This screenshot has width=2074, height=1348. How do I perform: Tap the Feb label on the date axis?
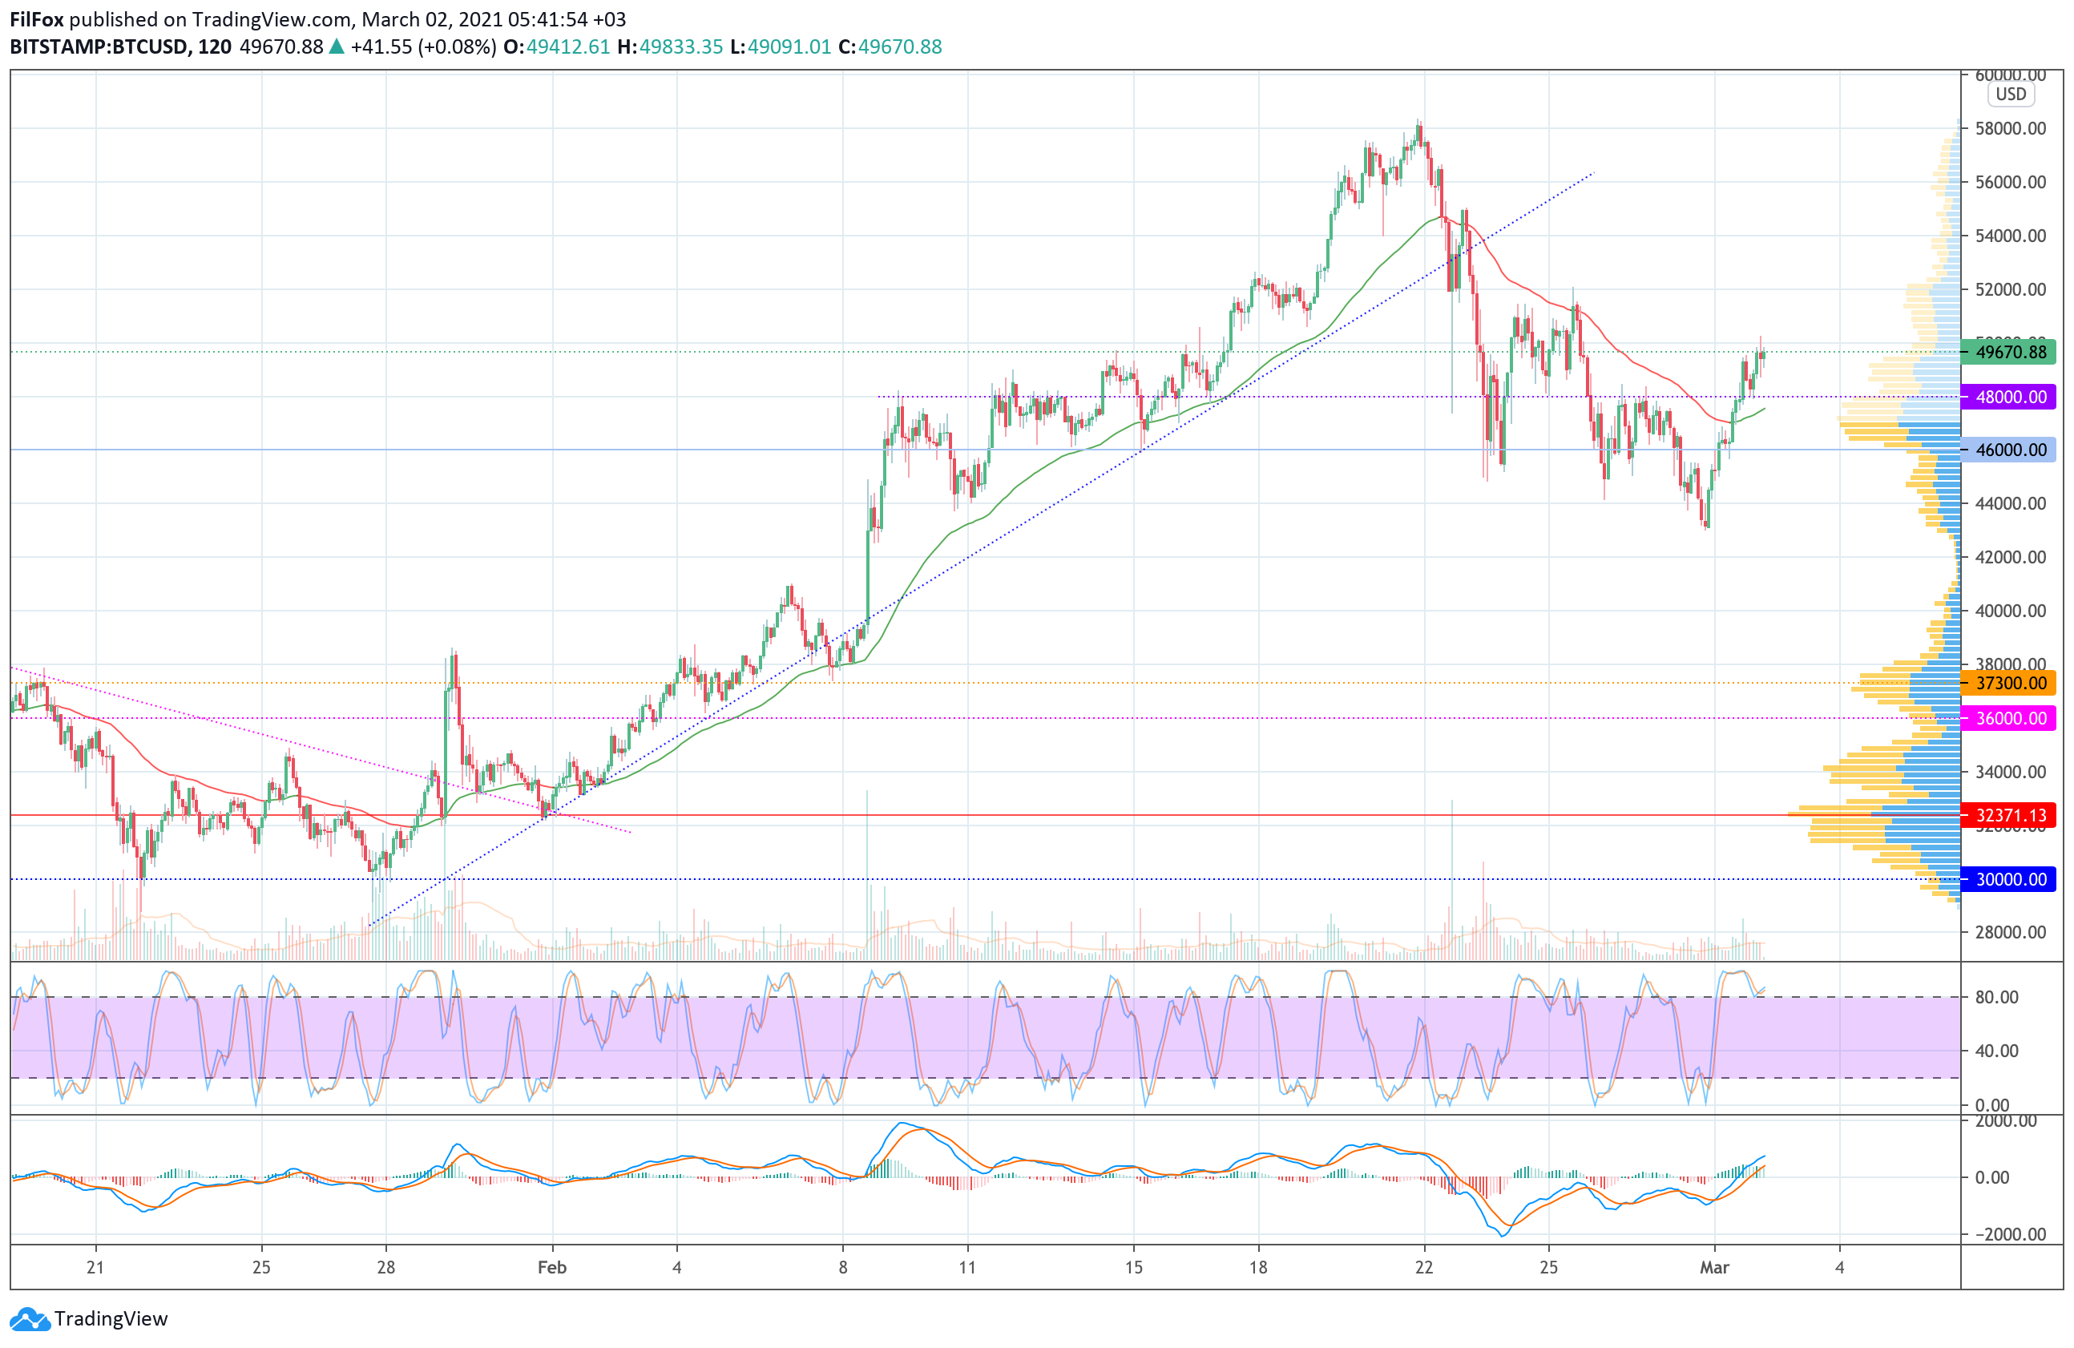tap(551, 1267)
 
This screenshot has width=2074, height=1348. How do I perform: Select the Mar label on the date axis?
tap(1714, 1267)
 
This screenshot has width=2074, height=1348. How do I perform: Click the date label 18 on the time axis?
tap(1257, 1267)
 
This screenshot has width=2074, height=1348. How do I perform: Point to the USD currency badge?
tap(2011, 94)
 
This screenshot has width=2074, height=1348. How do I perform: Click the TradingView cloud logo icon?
tap(30, 1319)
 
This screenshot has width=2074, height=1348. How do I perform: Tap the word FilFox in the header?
tap(37, 19)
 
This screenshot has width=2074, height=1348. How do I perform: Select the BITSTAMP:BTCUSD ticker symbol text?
tap(99, 47)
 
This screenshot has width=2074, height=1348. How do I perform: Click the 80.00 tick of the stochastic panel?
tap(1996, 997)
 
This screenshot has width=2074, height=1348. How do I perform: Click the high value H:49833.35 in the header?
tap(670, 47)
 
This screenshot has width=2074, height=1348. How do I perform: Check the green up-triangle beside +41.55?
tap(337, 47)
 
